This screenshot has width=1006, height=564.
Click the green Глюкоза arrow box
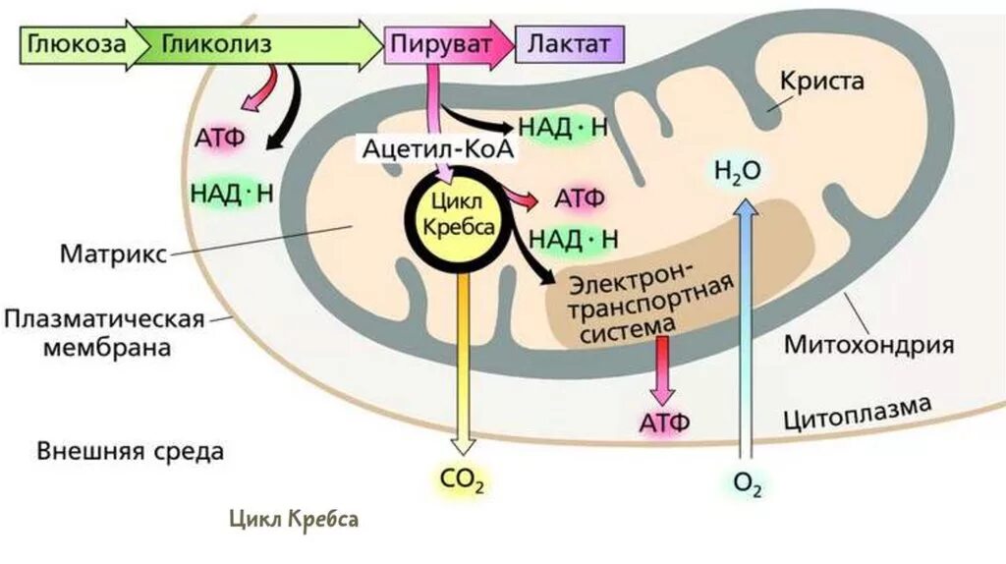pyautogui.click(x=74, y=45)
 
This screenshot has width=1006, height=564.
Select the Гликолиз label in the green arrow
pyautogui.click(x=216, y=45)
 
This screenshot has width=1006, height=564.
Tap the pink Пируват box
pyautogui.click(x=438, y=45)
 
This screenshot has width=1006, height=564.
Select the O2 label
pyautogui.click(x=747, y=482)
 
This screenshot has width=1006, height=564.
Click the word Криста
pyautogui.click(x=821, y=81)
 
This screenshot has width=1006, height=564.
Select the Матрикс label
pyautogui.click(x=113, y=253)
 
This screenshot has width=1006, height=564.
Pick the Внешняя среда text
pyautogui.click(x=131, y=452)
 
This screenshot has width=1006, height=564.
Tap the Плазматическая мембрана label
pyautogui.click(x=102, y=333)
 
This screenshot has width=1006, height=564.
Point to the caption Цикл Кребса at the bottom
pyautogui.click(x=294, y=518)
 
